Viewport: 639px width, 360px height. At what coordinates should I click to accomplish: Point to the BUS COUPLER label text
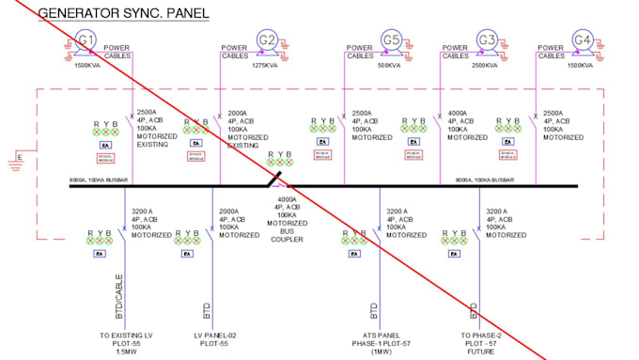[x=288, y=227]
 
